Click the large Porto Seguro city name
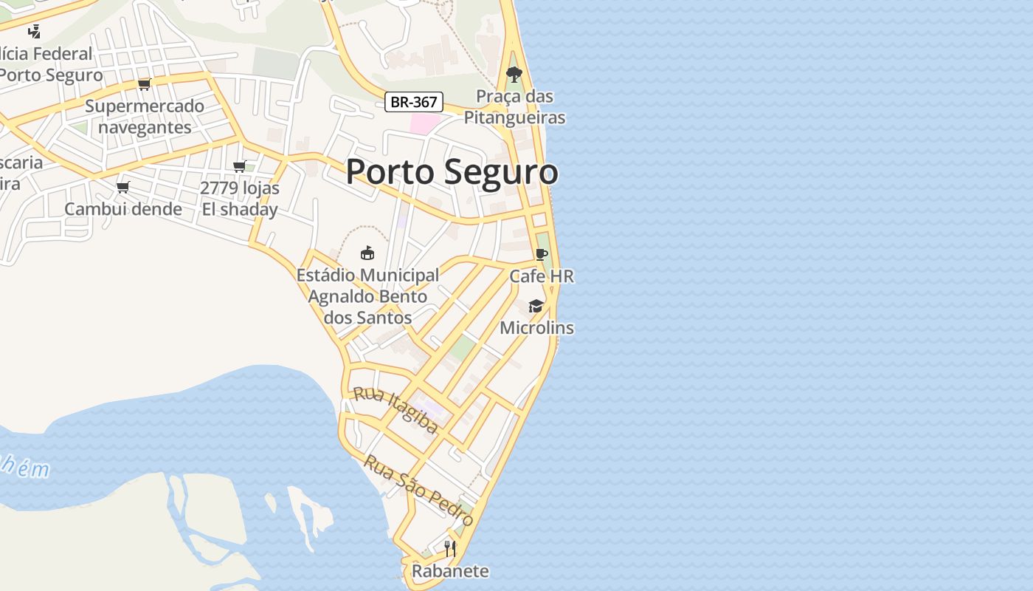click(x=452, y=172)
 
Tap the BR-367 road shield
click(x=413, y=102)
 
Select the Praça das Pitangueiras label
click(x=514, y=107)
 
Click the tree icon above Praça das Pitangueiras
click(x=514, y=75)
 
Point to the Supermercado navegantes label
click(x=145, y=117)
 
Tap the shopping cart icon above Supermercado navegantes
click(x=145, y=84)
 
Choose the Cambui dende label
click(x=123, y=209)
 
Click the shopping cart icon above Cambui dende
click(x=123, y=187)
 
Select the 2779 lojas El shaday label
click(x=240, y=199)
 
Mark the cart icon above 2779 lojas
click(x=239, y=166)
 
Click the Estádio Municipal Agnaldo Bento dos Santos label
click(x=367, y=296)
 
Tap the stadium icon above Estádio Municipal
click(x=367, y=253)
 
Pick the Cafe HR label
click(x=542, y=276)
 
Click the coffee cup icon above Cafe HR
click(x=542, y=254)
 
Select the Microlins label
click(x=536, y=327)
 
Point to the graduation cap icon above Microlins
click(x=536, y=306)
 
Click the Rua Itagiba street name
click(x=396, y=409)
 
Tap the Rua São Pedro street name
click(x=419, y=490)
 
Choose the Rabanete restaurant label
click(x=450, y=571)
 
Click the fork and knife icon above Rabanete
click(x=450, y=548)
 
